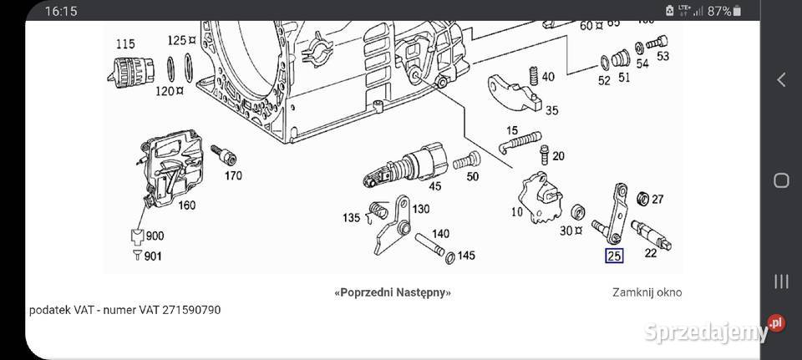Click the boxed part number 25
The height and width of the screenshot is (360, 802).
[614, 256]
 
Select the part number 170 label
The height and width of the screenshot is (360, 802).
[232, 175]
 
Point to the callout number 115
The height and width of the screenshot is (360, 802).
[124, 43]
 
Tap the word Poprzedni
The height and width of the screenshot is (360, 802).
[364, 292]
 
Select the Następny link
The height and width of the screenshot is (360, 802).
[422, 292]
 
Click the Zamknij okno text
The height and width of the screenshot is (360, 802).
[646, 292]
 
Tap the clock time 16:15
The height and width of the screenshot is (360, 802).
[61, 11]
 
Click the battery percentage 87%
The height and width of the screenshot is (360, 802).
[719, 11]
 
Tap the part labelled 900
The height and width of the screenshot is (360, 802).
[154, 236]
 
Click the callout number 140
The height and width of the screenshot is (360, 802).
[440, 233]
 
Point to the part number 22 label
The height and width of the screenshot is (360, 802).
[651, 253]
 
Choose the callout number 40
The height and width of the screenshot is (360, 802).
[547, 77]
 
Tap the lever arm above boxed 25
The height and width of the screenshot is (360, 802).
[620, 212]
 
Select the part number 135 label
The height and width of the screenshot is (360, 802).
[352, 219]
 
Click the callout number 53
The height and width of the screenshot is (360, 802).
[663, 56]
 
